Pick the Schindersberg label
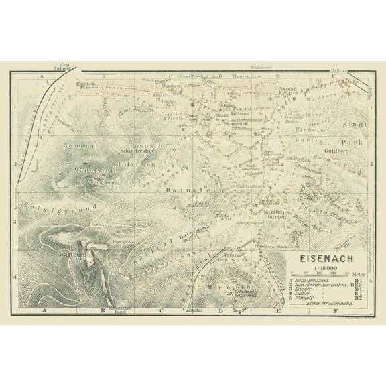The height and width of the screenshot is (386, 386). point(137,151)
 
